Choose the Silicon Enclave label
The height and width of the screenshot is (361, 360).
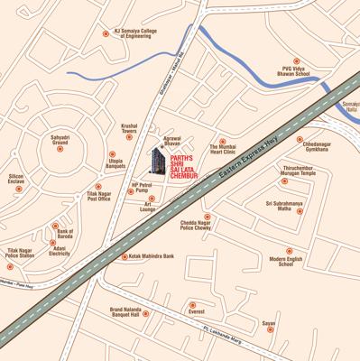click(17, 180)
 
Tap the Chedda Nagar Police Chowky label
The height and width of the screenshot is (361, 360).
click(196, 226)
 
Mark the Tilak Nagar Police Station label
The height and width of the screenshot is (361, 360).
click(20, 253)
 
